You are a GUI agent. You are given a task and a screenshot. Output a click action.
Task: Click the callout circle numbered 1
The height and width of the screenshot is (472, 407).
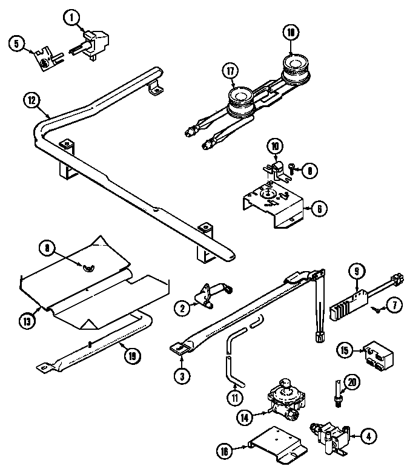pos(74,19)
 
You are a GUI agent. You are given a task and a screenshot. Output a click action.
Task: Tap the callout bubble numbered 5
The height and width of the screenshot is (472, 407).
pos(17,43)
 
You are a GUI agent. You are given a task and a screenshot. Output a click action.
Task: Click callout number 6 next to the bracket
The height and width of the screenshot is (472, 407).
pos(319,208)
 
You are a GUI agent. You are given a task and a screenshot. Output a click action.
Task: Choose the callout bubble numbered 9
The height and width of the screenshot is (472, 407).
pos(357,272)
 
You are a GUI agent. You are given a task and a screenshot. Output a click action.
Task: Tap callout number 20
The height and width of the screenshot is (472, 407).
pos(351,381)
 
